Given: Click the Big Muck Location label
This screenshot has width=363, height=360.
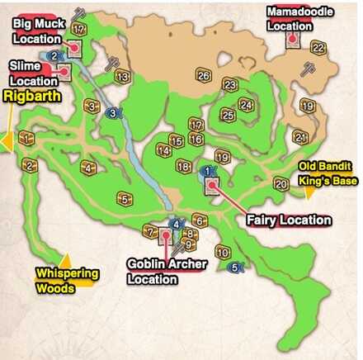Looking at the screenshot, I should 37,31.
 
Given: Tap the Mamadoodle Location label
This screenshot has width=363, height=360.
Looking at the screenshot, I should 289,19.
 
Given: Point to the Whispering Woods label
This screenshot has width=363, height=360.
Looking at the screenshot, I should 67,281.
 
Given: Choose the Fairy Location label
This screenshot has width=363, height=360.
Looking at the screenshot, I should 289,220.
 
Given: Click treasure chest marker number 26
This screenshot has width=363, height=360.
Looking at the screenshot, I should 204,76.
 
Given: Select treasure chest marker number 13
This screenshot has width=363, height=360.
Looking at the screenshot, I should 122,78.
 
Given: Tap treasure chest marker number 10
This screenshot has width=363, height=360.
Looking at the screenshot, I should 221,251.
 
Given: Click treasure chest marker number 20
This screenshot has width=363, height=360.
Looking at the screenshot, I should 280,183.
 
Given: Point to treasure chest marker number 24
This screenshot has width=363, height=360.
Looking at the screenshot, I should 246,104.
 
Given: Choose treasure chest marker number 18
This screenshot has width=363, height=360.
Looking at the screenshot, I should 183,167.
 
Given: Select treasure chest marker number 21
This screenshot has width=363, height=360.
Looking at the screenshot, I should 300,137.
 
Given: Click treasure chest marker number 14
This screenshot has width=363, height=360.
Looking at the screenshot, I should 164,151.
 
